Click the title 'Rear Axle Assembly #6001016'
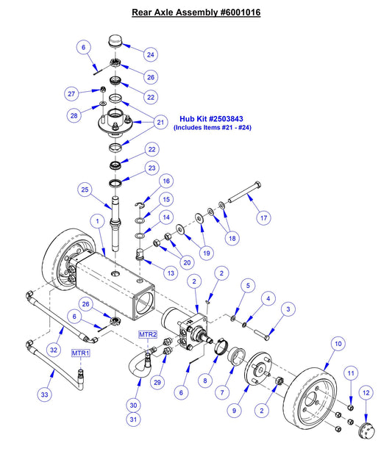196,12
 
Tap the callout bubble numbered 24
150,54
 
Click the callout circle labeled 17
263,217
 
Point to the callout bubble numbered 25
86,190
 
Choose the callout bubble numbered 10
338,343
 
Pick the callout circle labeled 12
367,393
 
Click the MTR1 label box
80,353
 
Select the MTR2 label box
148,335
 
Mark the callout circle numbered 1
96,220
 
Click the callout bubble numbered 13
171,273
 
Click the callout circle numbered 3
288,309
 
